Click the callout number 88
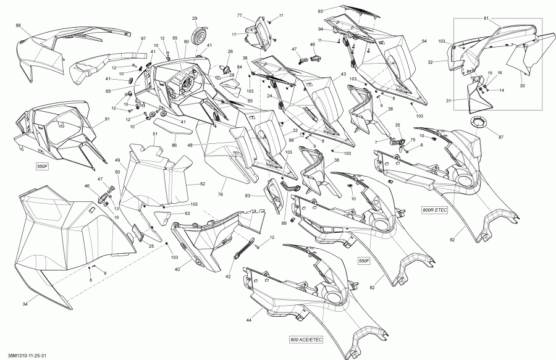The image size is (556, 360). pos(18,25)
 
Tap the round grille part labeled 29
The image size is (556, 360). pos(198,36)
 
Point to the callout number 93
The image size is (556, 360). pos(321,11)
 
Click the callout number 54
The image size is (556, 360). pos(424,41)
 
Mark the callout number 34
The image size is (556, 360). pos(25,303)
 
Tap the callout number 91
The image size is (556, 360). pos(107,119)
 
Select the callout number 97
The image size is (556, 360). pos(143,39)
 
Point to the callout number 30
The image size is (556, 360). pos(522,86)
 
